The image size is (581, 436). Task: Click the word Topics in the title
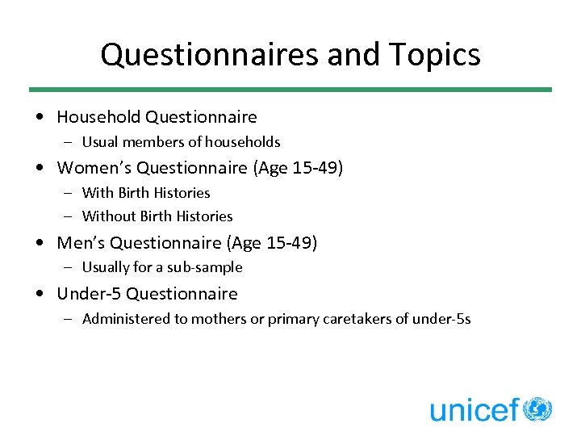pos(437,55)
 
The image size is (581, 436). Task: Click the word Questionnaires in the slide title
pos(211,55)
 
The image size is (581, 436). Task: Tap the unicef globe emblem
pos(537,409)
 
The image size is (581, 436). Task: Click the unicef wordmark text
pos(474,410)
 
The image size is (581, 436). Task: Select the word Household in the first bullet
pos(98,117)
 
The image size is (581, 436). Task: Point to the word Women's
pos(94,168)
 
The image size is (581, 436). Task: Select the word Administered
pos(123,319)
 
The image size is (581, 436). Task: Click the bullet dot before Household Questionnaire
pos(40,118)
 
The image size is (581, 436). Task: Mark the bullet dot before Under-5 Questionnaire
pos(40,294)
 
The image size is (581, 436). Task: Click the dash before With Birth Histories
pos(69,193)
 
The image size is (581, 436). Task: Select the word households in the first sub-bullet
pos(243,142)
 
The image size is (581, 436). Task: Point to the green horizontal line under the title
pos(290,90)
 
